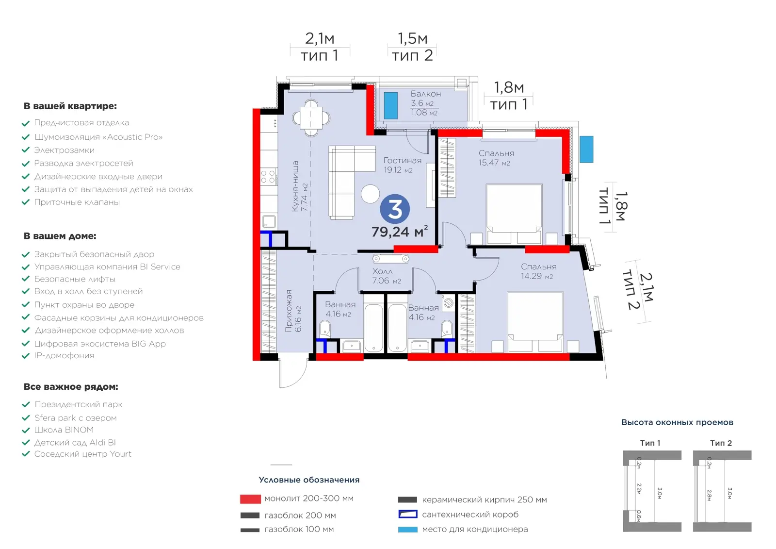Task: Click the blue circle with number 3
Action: [x=395, y=209]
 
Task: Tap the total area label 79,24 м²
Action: [x=400, y=232]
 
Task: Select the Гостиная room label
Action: [x=402, y=161]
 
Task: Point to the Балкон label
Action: [x=426, y=94]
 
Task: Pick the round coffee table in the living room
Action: [x=371, y=194]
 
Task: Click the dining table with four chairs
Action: [x=311, y=118]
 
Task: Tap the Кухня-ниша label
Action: [x=295, y=186]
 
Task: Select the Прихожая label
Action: [x=289, y=311]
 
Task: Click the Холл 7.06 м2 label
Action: [x=386, y=276]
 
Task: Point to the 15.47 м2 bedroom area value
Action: [x=494, y=163]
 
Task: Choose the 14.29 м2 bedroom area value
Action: [x=537, y=276]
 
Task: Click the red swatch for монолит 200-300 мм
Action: [x=250, y=499]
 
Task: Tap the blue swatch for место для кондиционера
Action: [x=408, y=530]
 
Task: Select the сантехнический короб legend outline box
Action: [x=408, y=514]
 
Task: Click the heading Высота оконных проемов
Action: [x=677, y=422]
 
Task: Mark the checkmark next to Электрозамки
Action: [x=26, y=150]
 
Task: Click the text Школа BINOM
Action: [x=64, y=430]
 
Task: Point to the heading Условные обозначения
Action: [x=309, y=480]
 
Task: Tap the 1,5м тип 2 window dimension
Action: [x=412, y=47]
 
